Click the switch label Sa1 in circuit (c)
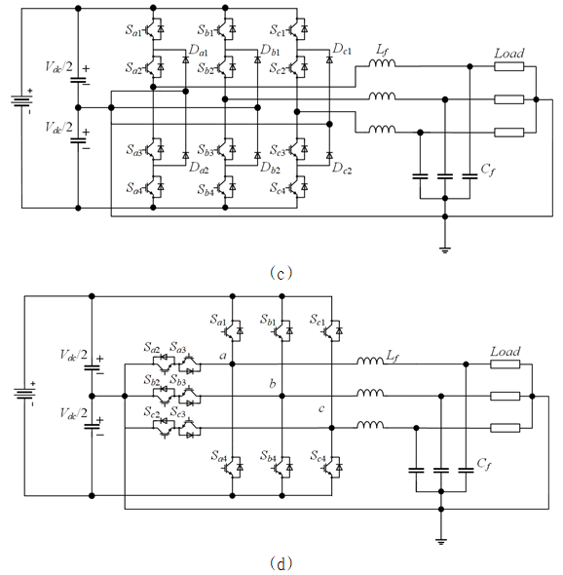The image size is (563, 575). click(x=133, y=30)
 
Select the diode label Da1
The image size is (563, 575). click(x=199, y=51)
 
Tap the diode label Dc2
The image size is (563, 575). click(x=342, y=169)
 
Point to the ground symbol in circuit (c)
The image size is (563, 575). click(x=444, y=250)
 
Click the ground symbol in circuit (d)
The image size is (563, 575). click(x=441, y=541)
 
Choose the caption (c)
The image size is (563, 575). click(x=281, y=273)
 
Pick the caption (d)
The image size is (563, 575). click(x=281, y=563)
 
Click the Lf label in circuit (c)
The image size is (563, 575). click(x=382, y=51)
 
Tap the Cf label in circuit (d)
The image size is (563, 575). click(x=484, y=464)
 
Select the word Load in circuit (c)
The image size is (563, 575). click(x=509, y=54)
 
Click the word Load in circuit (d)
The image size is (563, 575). click(x=506, y=352)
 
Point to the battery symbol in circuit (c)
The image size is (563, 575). click(x=22, y=100)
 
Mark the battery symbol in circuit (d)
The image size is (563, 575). click(x=25, y=394)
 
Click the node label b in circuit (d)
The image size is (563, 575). click(x=273, y=384)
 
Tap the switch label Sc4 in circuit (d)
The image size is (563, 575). click(x=318, y=456)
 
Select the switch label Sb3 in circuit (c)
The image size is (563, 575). click(x=206, y=150)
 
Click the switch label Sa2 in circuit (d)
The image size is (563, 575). click(x=152, y=347)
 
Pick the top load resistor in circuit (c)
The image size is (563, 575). click(x=509, y=66)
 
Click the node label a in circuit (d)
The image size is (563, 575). click(x=223, y=356)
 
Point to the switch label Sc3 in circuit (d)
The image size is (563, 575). click(x=178, y=412)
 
